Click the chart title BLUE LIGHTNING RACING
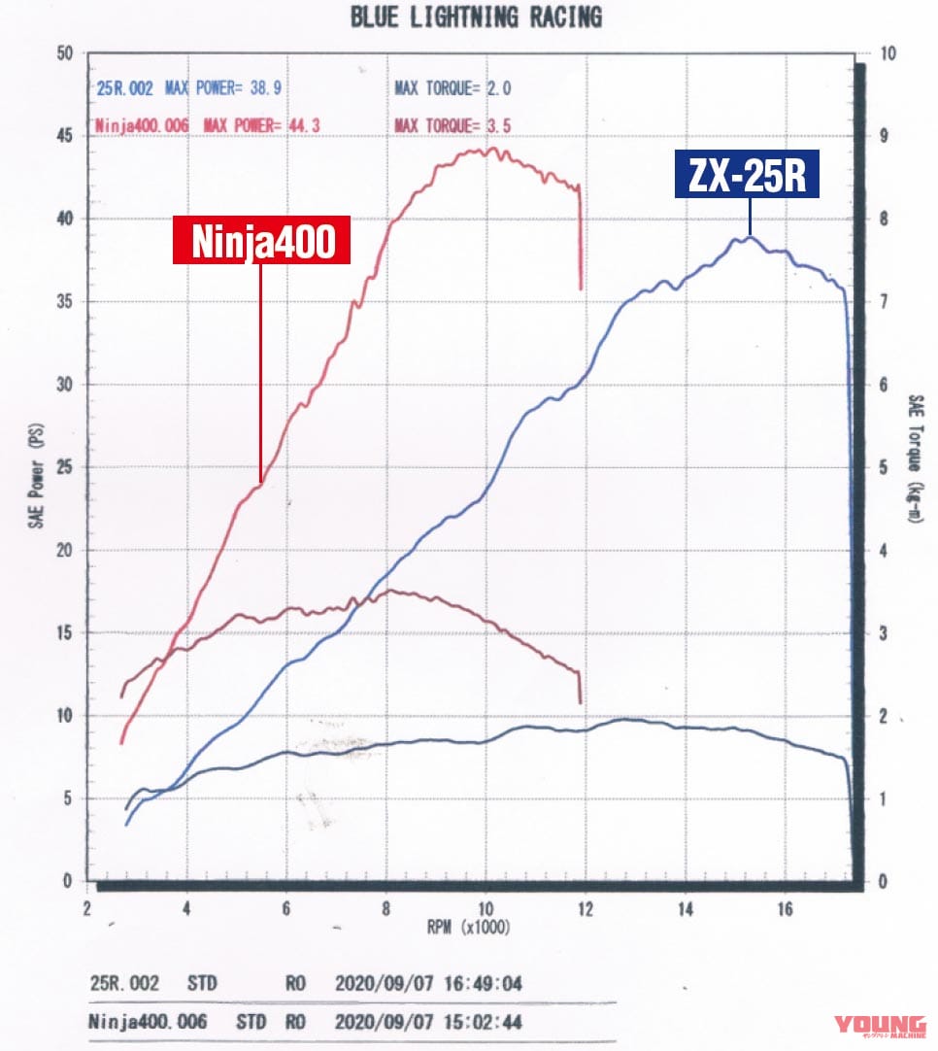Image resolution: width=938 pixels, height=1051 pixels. tap(475, 17)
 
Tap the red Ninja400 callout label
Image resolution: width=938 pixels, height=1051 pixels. tap(261, 242)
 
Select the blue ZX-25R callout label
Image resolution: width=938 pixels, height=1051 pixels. tap(749, 178)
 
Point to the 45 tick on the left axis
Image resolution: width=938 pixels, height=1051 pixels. tap(65, 137)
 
